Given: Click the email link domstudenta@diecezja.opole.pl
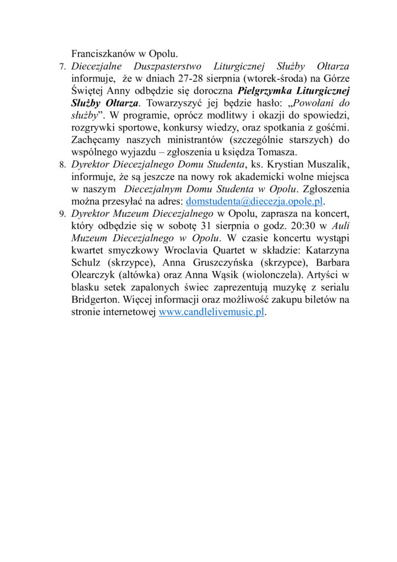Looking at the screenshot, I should [x=255, y=201].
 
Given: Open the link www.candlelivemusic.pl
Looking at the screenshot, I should [x=212, y=312].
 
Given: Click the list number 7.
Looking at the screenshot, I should [x=61, y=67].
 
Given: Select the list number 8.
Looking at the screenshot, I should [x=61, y=164].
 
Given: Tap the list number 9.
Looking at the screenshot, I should [x=61, y=213].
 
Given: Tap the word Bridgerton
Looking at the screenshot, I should [x=97, y=300].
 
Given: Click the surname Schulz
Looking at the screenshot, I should [x=87, y=262].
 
